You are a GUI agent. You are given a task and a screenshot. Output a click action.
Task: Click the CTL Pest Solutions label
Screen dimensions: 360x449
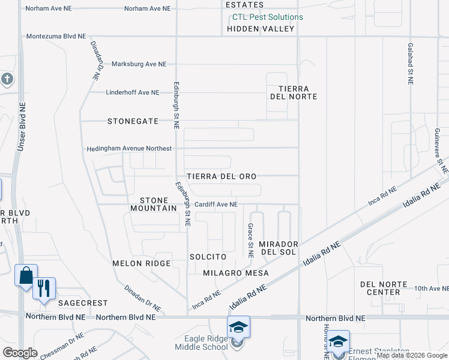(x=268, y=17)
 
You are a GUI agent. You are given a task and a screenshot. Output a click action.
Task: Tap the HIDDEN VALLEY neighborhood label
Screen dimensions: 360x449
(x=261, y=29)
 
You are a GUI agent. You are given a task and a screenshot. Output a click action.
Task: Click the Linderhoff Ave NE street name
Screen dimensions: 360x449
(x=133, y=92)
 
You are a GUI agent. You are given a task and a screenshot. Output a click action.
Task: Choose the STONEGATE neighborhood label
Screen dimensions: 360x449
(x=133, y=121)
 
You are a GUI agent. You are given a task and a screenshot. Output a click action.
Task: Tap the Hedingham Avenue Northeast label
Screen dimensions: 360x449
(x=129, y=148)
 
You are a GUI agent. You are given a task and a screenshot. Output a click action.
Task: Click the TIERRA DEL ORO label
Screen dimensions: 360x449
(x=221, y=176)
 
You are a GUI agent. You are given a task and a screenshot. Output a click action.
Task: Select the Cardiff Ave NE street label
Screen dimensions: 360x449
(x=216, y=204)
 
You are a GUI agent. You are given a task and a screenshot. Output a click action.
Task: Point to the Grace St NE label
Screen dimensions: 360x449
(x=250, y=241)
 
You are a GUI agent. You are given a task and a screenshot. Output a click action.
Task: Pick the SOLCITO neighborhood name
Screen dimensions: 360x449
(x=208, y=257)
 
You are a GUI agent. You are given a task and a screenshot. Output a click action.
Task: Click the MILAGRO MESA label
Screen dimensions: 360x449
(x=235, y=273)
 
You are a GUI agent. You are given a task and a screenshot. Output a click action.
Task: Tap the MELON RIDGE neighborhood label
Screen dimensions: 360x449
(x=142, y=263)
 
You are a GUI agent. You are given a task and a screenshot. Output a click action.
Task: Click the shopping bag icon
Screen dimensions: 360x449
(x=26, y=276)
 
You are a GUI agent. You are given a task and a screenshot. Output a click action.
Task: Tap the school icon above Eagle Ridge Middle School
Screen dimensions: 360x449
(x=238, y=327)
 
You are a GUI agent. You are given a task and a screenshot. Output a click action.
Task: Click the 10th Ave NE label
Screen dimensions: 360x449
(x=431, y=289)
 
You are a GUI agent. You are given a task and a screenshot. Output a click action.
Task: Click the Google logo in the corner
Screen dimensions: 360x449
(x=20, y=353)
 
